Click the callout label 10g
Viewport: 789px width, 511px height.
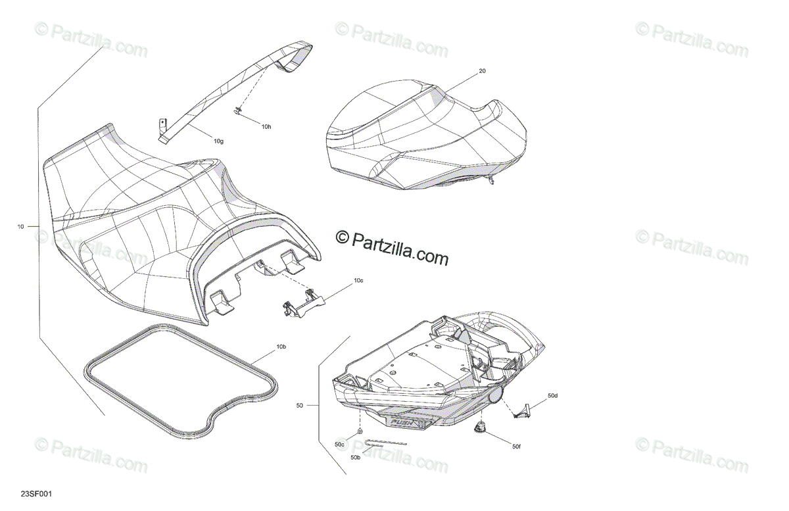(218, 140)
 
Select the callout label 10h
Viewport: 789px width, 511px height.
(266, 126)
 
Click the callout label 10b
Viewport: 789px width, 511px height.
(281, 346)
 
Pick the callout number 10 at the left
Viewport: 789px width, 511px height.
(20, 227)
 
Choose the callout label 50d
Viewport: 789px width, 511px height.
(552, 396)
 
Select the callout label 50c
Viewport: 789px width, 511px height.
(339, 445)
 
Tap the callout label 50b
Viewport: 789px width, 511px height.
(355, 457)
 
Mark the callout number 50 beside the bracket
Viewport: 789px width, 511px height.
(299, 406)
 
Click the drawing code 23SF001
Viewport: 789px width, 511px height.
(34, 493)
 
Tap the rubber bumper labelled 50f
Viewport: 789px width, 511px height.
(479, 429)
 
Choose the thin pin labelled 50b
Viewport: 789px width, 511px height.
(385, 443)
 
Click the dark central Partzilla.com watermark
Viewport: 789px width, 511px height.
(393, 247)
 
